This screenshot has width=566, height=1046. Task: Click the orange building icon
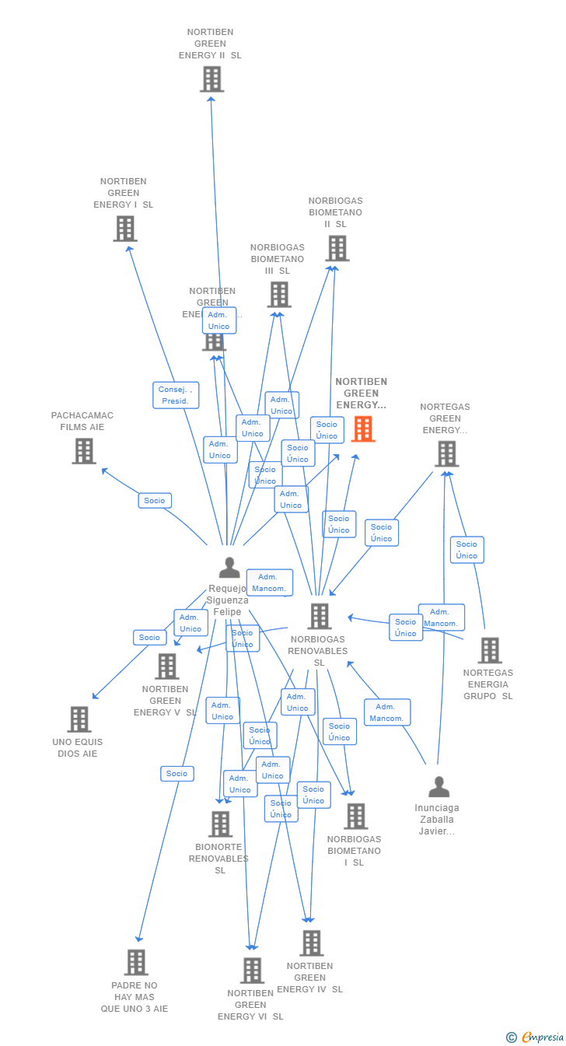[x=363, y=429]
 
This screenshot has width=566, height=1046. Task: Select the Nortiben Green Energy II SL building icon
[x=211, y=79]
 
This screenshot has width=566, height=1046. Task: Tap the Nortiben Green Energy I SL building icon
[x=124, y=229]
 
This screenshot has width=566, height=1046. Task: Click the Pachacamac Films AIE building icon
[x=84, y=451]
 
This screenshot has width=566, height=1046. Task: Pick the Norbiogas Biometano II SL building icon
[x=337, y=248]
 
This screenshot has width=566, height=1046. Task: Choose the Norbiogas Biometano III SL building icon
[x=279, y=295]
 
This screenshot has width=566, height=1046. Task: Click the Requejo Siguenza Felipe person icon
[x=229, y=568]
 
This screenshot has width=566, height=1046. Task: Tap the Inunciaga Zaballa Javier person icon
[x=438, y=787]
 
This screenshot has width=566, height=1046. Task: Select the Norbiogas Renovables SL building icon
[x=319, y=616]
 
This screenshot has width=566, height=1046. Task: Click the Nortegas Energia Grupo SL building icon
[x=489, y=650]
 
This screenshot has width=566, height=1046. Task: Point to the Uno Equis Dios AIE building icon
[x=79, y=719]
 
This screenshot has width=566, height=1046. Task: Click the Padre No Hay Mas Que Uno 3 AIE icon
[x=135, y=962]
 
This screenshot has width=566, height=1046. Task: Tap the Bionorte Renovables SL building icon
[x=220, y=824]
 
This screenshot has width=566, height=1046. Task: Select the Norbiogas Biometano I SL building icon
[x=355, y=817]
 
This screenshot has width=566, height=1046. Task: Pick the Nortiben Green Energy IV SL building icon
[x=311, y=943]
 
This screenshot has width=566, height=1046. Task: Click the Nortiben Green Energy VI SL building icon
[x=251, y=971]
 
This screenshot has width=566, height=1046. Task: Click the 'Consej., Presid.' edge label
[x=176, y=395]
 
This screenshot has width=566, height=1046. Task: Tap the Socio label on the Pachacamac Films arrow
[x=155, y=501]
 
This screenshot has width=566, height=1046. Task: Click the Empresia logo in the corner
[x=536, y=1037]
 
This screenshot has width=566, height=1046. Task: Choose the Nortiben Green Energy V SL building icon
[x=166, y=666]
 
